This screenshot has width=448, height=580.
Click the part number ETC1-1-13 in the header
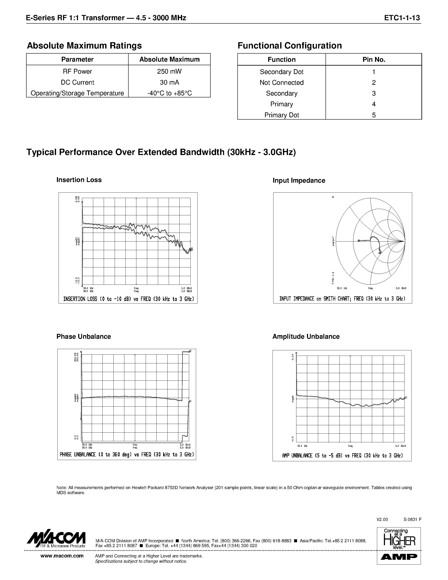point(402,18)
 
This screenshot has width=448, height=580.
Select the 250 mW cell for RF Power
point(169,71)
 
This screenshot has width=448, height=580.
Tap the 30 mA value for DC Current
point(169,82)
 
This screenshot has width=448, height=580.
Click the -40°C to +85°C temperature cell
point(169,93)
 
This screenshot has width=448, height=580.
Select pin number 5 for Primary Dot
point(374,115)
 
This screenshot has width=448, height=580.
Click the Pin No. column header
point(374,59)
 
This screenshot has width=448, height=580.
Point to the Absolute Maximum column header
point(169,59)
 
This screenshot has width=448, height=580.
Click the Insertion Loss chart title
point(79,180)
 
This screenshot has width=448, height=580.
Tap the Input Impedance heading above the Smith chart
point(299,181)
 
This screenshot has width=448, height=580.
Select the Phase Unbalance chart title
point(84,336)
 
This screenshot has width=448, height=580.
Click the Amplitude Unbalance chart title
point(306,336)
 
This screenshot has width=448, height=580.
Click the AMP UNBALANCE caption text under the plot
point(342,456)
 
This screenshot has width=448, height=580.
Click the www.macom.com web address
point(62,556)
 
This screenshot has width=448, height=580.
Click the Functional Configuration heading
point(289,46)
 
